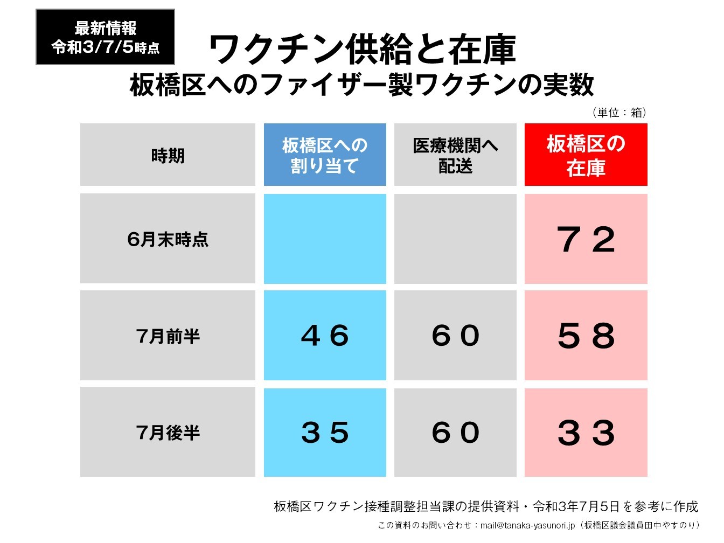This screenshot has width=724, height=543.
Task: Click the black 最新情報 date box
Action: click(x=105, y=37)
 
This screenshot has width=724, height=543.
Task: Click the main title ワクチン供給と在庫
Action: click(x=362, y=50)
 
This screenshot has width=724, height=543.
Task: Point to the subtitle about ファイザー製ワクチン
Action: click(x=362, y=85)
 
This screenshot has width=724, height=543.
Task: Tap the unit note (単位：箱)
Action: click(x=619, y=112)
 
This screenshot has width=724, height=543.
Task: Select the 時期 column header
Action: click(x=168, y=155)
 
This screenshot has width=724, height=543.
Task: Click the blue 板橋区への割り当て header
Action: click(x=325, y=155)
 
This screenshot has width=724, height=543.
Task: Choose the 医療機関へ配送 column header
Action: click(x=455, y=155)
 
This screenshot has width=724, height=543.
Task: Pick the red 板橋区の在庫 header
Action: click(x=586, y=155)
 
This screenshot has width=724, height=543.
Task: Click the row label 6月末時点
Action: click(x=168, y=239)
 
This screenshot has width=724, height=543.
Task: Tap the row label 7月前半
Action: click(x=168, y=336)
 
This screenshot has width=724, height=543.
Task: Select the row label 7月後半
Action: click(x=168, y=432)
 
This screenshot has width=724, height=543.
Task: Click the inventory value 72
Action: click(x=586, y=239)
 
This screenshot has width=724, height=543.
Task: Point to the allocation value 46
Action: click(x=325, y=336)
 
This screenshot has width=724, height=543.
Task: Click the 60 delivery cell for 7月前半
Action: click(x=455, y=336)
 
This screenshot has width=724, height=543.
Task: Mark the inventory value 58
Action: click(x=586, y=336)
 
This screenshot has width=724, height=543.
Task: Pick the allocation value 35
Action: click(x=325, y=432)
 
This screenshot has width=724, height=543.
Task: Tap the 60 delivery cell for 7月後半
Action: click(x=455, y=432)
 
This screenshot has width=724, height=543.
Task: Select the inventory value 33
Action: click(x=586, y=432)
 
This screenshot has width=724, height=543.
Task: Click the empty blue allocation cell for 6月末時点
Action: click(x=325, y=239)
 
